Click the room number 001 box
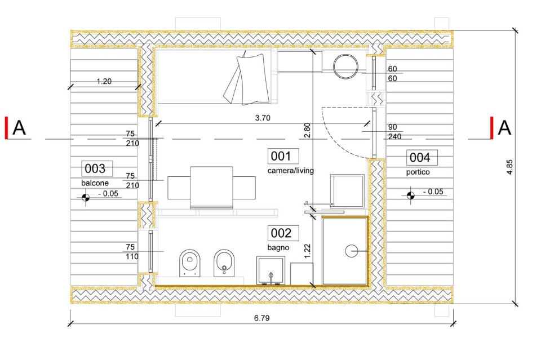point(283,156)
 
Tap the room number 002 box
point(283,233)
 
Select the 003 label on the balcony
point(97,168)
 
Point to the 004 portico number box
point(422,158)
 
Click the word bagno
point(278,247)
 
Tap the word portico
point(418,172)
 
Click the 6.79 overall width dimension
point(262,318)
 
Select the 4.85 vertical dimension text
point(509,167)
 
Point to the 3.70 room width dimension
point(263,118)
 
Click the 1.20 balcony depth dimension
point(104,81)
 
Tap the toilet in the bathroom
point(190,263)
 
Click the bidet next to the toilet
point(224,263)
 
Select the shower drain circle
point(351,251)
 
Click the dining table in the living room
point(211,188)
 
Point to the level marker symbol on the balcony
point(86,198)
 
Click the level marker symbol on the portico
point(410,195)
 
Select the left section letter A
point(19,127)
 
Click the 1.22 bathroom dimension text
point(308,251)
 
